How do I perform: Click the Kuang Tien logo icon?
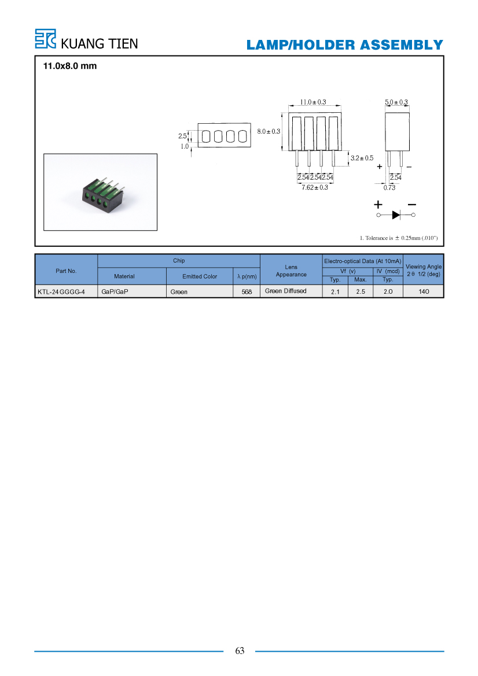pos(45,39)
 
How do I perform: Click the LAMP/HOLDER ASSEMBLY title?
pos(345,45)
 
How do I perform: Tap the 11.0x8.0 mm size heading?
pos(70,66)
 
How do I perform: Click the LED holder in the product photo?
pos(102,193)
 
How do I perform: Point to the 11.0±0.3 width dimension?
pos(313,102)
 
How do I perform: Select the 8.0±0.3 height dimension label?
pos(269,131)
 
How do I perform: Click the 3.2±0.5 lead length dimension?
pos(362,158)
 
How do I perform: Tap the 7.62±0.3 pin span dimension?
pos(315,187)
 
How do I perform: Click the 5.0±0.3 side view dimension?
pos(396,102)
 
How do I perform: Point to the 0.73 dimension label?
pos(389,187)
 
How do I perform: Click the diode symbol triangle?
pos(396,215)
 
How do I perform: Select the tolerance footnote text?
pos(399,238)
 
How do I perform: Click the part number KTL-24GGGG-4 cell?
pos(61,292)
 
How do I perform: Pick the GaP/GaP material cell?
pos(115,292)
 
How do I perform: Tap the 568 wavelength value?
pos(247,292)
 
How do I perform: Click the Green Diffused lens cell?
pos(286,291)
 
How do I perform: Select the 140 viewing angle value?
pos(424,291)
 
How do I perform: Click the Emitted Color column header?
pos(200,276)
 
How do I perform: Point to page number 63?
pos(240,651)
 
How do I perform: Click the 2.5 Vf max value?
pos(361,292)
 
